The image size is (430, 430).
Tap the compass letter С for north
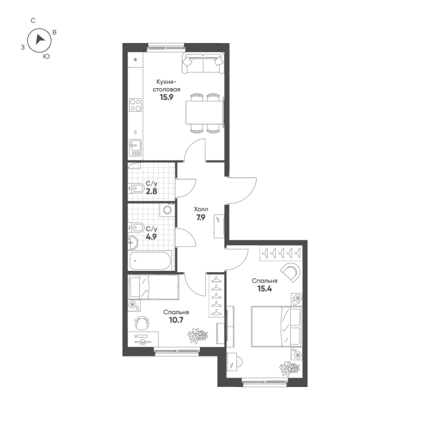(33, 20)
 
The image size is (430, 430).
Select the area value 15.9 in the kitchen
(166, 98)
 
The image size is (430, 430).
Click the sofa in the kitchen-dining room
(202, 62)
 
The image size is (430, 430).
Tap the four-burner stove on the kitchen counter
(135, 104)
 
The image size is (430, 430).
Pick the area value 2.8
(151, 191)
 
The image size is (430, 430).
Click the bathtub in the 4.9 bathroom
(150, 262)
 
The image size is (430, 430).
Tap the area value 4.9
(151, 236)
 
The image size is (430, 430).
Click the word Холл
(201, 209)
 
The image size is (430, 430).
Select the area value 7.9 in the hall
(201, 218)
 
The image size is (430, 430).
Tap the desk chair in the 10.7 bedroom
(142, 322)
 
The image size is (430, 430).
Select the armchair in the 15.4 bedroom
(291, 271)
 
